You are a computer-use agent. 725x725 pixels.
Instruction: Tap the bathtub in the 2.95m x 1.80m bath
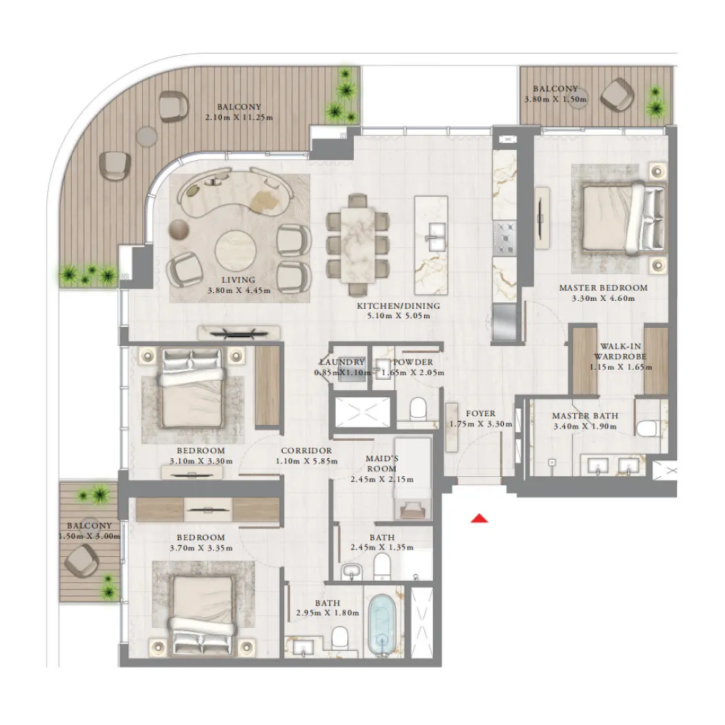382,625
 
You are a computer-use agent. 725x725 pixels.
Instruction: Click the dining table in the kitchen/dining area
358,244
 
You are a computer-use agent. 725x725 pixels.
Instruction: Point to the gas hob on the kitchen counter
504,238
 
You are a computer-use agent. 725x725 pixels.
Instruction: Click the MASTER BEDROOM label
603,288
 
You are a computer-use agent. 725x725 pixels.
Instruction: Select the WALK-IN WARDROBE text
620,352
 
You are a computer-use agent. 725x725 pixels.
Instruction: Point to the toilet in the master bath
648,428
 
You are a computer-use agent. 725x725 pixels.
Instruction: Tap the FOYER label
481,413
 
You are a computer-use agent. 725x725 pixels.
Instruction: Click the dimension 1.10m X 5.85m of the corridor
307,461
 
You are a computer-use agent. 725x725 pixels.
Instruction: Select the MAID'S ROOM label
382,463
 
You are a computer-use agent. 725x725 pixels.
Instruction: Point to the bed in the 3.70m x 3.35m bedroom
203,615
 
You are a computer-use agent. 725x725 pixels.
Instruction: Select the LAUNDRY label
343,362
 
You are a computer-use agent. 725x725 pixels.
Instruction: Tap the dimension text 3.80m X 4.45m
239,291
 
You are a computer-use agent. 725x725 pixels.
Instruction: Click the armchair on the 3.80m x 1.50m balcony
617,95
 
